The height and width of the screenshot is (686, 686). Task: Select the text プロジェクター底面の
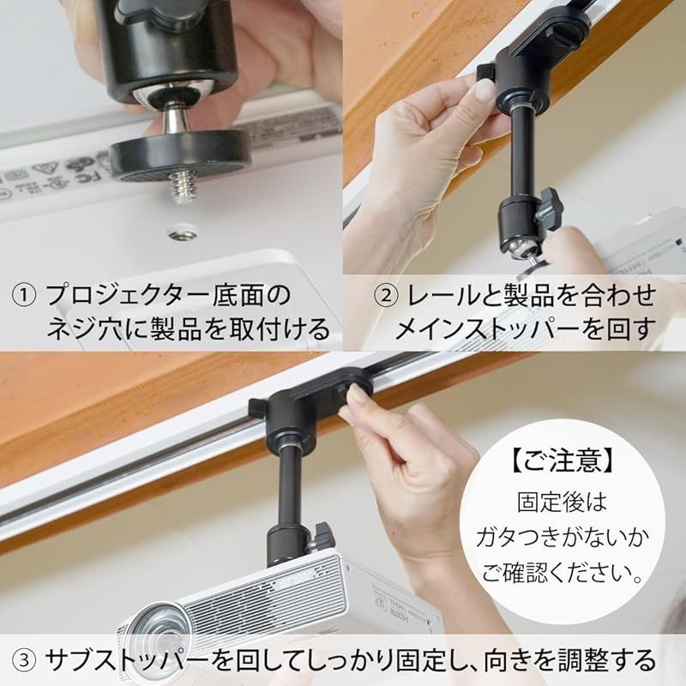coord(168,297)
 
